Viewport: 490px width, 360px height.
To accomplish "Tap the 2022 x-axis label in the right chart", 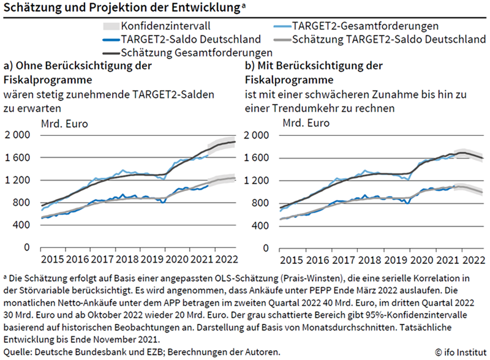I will click(472, 260).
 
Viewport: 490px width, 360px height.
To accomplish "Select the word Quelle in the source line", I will click(18, 351).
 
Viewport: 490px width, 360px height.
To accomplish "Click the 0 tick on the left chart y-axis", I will click(26, 247).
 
